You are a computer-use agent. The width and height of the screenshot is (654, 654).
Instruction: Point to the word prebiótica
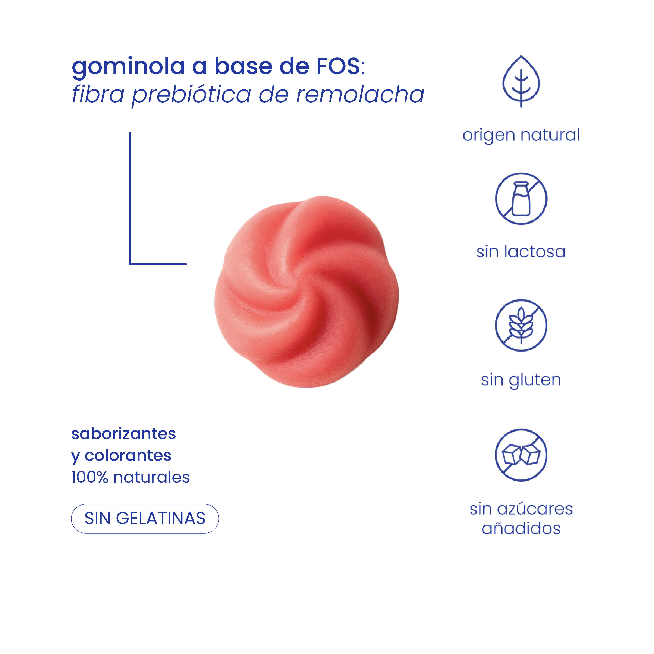tap(191, 95)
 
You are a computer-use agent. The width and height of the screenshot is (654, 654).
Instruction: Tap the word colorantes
tap(128, 456)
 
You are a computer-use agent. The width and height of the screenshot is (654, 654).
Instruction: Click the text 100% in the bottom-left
tap(89, 477)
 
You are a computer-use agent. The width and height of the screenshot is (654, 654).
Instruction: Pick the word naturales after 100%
tap(152, 477)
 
